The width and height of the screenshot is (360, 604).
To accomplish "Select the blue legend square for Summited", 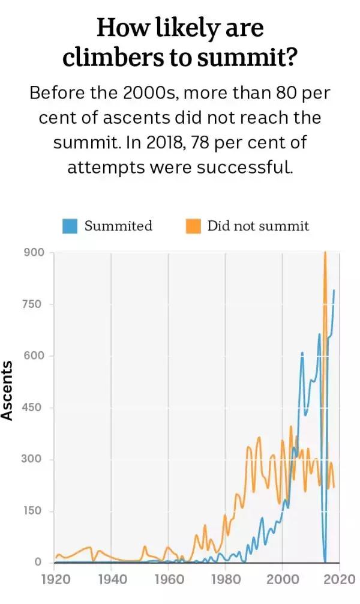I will point(71,226).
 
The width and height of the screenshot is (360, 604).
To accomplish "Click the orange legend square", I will point(193,226).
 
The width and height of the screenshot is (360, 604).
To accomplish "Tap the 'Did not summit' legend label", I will point(257,226).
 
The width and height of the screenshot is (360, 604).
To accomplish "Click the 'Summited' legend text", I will point(118,226).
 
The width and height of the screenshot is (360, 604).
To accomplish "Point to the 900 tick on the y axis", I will point(34,252).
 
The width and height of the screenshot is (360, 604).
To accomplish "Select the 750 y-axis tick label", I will point(34,304).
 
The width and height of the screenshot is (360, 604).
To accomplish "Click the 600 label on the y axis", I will point(34,355).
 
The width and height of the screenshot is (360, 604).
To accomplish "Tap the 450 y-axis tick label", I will point(34,408).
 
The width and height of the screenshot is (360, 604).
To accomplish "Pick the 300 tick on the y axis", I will point(34,459).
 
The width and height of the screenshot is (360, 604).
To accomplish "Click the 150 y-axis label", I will point(34,511).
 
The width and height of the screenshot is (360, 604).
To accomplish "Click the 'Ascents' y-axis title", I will point(7,390).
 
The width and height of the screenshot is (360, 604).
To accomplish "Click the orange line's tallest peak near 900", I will point(325,253).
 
